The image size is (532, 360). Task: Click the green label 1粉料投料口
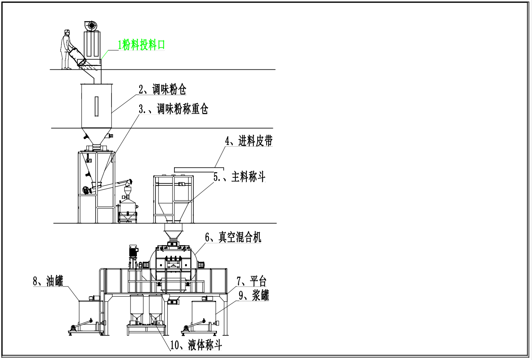tap(141, 45)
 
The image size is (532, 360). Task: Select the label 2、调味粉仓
tap(162, 89)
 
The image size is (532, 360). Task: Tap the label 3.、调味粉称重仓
tap(173, 109)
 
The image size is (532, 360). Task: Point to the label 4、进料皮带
tap(249, 141)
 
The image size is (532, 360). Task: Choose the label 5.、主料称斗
tap(239, 177)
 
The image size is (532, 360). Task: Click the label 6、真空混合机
tap(233, 237)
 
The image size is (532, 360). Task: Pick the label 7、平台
tap(251, 281)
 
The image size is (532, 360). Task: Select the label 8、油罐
tap(48, 281)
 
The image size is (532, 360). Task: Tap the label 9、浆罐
tap(254, 295)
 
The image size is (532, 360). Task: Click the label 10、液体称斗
tap(196, 345)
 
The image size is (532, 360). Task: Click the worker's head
tap(67, 33)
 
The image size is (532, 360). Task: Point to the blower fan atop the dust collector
tap(91, 26)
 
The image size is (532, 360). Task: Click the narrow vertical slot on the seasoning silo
tap(97, 106)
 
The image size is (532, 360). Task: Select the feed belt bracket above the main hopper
tap(199, 169)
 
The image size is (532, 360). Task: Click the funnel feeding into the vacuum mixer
tap(173, 231)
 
